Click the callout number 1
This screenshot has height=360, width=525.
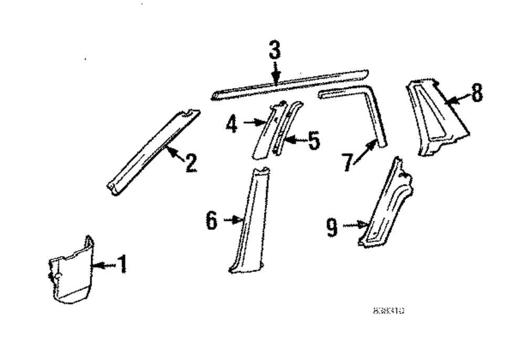tap(121, 264)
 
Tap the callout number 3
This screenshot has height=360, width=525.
tap(275, 50)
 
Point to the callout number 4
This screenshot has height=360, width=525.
tap(232, 124)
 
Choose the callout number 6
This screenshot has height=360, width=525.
tap(211, 221)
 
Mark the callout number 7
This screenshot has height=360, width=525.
tap(347, 162)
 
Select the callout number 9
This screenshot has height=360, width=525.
tap(332, 227)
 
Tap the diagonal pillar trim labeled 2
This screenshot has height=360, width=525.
tap(152, 152)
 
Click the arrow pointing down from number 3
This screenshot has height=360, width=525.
tap(275, 72)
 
